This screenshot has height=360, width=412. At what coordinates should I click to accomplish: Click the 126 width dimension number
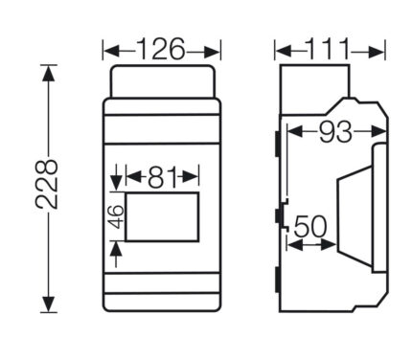point(161,49)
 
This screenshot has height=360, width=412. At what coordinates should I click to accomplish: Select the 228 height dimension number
point(47,185)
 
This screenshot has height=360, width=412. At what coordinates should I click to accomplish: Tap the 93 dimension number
point(335,131)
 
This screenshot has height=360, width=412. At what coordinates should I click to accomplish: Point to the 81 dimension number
point(162,177)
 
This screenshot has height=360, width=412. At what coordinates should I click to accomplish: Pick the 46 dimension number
point(115,216)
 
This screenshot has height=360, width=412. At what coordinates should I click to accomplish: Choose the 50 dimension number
point(309,226)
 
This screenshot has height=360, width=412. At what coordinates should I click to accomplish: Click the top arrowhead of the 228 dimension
point(48,73)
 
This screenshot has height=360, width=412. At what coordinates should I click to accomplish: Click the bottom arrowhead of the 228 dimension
point(49,304)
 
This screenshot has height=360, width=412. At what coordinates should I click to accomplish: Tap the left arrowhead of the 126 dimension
point(113,52)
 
